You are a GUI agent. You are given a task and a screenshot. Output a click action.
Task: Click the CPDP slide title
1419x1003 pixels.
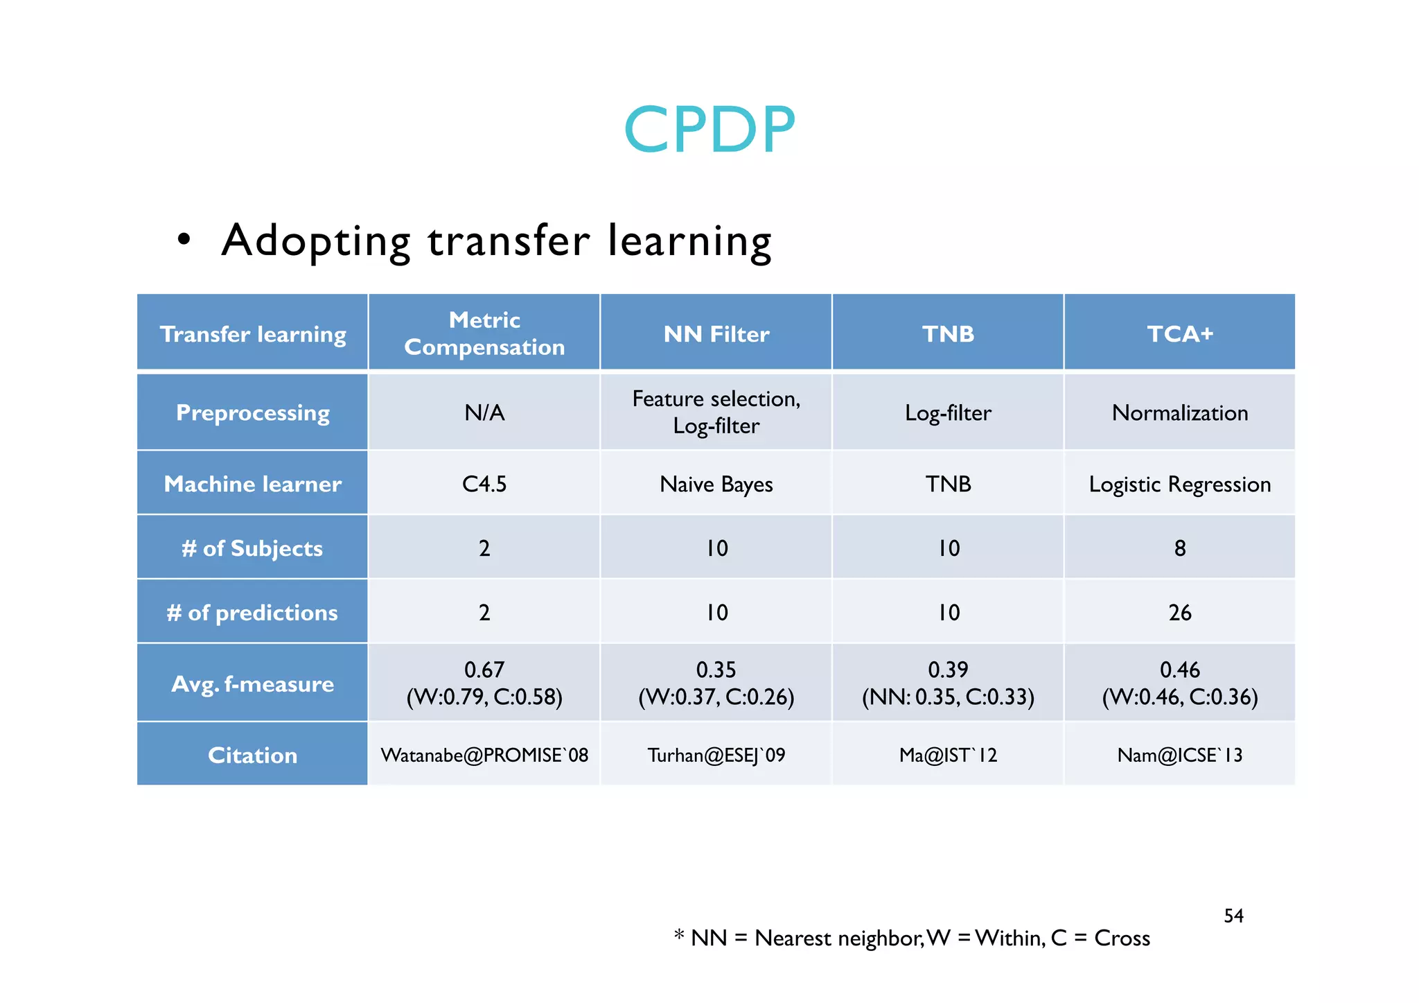(x=709, y=130)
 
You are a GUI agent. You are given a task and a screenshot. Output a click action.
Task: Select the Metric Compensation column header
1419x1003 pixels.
(x=484, y=333)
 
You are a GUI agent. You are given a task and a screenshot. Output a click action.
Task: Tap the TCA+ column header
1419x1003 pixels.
(x=1179, y=333)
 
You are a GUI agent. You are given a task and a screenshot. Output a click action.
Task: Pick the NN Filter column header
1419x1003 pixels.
(x=716, y=334)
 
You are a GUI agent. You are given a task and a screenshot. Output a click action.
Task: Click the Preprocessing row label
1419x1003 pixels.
(x=253, y=412)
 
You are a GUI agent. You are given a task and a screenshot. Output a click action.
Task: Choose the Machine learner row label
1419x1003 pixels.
(x=253, y=484)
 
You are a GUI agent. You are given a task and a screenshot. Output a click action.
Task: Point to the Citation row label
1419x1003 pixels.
(x=253, y=755)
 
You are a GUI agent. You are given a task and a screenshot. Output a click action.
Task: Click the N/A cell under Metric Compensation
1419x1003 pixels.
(x=484, y=412)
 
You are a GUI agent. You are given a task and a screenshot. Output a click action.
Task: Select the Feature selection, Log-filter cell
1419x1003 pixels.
(x=716, y=412)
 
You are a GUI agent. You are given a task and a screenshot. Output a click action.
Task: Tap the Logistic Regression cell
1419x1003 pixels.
(x=1179, y=484)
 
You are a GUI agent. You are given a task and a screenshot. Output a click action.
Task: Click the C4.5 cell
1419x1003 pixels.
(x=484, y=484)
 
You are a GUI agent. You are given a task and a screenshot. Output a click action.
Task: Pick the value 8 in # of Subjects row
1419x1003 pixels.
(x=1179, y=548)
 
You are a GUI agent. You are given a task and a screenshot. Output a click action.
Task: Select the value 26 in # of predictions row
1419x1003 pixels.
(x=1179, y=613)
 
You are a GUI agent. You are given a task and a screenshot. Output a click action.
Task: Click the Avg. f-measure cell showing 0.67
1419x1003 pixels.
(x=484, y=683)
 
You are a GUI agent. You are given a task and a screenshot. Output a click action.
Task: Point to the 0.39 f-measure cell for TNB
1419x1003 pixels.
(x=948, y=683)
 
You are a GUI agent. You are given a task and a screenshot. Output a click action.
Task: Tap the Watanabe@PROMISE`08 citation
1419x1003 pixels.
(x=484, y=755)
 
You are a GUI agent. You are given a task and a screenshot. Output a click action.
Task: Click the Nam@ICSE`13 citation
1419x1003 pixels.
(x=1179, y=755)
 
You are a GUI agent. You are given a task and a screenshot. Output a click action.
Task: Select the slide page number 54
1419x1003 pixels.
(x=1233, y=916)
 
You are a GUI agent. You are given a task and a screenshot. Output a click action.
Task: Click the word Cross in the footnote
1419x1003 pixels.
(x=1122, y=938)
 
